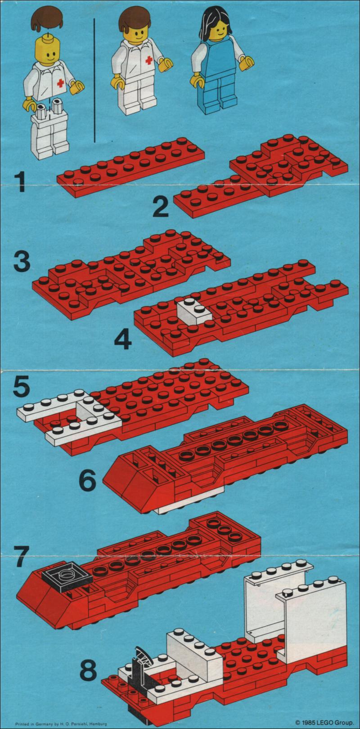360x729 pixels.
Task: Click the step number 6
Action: (x=88, y=481)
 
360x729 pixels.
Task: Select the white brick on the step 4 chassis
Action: (x=194, y=312)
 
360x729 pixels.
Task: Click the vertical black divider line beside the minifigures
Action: (x=94, y=81)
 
